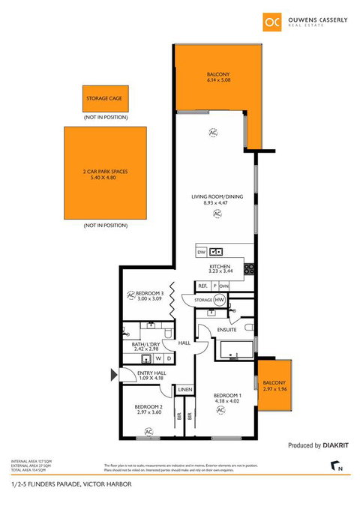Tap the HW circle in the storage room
tap(220, 301)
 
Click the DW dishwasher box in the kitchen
tap(202, 253)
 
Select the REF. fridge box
tap(202, 286)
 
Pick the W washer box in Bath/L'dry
tap(159, 358)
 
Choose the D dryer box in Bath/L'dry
tap(170, 358)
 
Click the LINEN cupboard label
tap(184, 390)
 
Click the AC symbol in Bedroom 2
tap(148, 431)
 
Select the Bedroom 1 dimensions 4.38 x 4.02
tap(227, 402)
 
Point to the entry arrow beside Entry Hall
tap(112, 374)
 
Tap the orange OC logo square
tap(270, 22)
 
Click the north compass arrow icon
tap(334, 468)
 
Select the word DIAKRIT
tap(337, 445)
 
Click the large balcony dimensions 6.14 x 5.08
tap(218, 81)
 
